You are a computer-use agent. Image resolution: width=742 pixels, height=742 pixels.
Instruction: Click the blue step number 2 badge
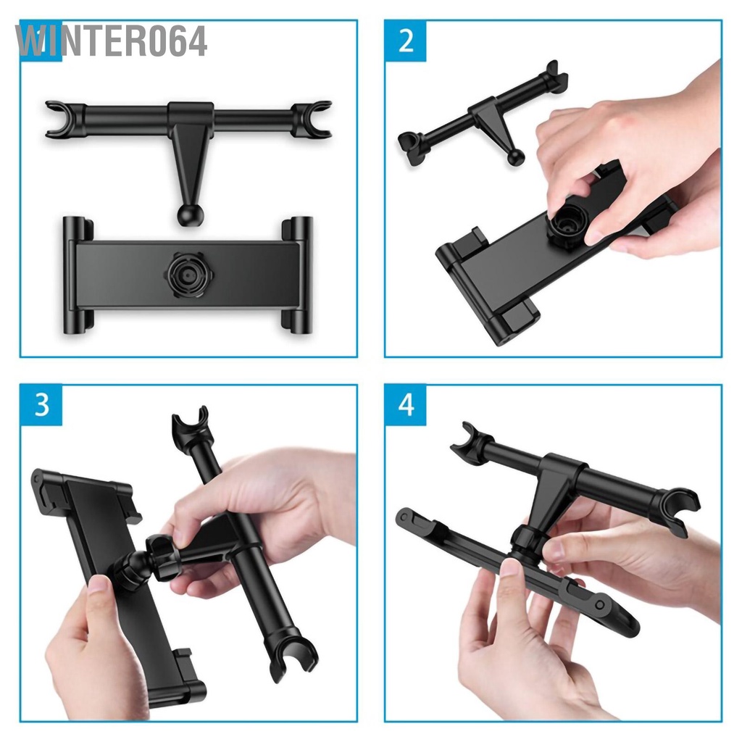tap(405, 41)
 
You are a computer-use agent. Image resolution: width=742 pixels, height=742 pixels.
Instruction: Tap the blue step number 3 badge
tap(41, 405)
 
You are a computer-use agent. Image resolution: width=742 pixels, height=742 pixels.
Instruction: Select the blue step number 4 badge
tap(406, 405)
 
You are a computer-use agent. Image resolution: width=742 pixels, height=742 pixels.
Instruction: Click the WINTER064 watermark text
tap(111, 41)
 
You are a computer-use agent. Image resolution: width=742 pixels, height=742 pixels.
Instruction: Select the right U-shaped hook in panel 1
tap(312, 119)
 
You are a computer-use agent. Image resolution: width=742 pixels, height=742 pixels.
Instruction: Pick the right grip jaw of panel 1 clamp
tap(297, 275)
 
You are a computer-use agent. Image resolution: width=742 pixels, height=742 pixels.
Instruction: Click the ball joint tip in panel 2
tap(515, 157)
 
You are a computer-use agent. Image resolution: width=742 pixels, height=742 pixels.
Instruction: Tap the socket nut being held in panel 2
tap(565, 225)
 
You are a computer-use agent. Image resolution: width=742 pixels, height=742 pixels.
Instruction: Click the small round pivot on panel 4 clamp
tap(600, 605)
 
